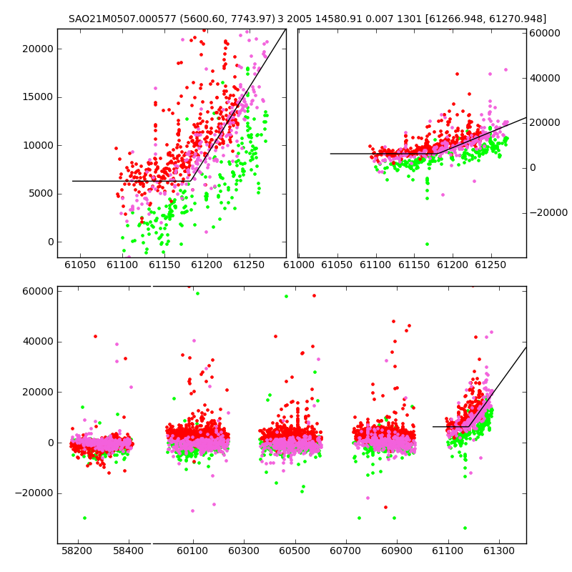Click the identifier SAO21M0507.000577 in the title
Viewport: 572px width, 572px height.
[x=122, y=19]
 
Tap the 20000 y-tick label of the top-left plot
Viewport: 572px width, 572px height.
[x=38, y=49]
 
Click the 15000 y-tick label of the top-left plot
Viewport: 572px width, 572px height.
[x=38, y=97]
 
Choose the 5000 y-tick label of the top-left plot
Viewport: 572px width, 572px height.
[x=41, y=194]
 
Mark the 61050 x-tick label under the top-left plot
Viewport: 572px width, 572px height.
[x=80, y=265]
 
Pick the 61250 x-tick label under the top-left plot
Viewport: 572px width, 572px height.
[x=249, y=265]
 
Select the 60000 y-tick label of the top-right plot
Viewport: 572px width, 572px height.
[x=545, y=33]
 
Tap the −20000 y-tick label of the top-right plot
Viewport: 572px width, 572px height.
[x=548, y=212]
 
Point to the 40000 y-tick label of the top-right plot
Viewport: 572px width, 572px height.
[x=545, y=78]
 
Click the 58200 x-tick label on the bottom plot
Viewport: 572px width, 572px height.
[x=77, y=551]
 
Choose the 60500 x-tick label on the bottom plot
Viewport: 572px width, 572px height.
[x=295, y=551]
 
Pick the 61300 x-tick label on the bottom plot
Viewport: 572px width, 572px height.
[x=498, y=551]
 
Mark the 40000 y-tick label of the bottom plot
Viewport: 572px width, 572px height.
[x=38, y=342]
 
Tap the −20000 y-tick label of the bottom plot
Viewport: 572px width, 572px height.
[x=34, y=493]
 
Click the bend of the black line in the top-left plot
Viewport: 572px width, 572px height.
[x=190, y=181]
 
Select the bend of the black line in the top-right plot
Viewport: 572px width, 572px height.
[x=438, y=154]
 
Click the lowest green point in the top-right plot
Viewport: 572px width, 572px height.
[x=427, y=244]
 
